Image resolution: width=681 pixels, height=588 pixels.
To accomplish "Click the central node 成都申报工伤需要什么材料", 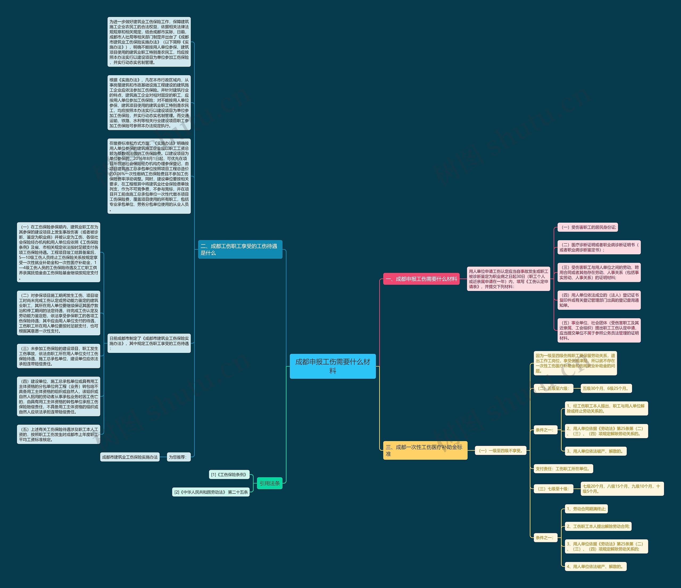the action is tap(332, 366).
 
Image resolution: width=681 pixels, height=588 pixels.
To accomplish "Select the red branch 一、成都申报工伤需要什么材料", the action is tap(421, 279).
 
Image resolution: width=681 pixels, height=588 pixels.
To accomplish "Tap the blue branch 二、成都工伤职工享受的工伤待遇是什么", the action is tap(240, 249).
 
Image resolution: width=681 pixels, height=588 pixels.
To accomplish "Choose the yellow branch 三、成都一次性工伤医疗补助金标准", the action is tap(425, 450).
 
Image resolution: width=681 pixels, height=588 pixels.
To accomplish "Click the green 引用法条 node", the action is tap(269, 483).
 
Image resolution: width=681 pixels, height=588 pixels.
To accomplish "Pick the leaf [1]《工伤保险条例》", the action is tap(229, 474).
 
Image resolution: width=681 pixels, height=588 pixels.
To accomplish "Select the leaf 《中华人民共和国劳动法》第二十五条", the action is tap(211, 492).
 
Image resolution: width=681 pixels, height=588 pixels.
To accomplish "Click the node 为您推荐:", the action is tap(178, 457).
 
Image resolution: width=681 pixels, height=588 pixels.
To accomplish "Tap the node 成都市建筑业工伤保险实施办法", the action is tap(130, 457).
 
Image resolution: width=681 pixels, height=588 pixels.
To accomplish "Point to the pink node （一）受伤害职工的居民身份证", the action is tap(588, 227).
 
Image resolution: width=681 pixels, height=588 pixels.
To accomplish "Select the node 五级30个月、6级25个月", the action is tap(606, 388).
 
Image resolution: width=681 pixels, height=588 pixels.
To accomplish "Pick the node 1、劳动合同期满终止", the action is tap(586, 509).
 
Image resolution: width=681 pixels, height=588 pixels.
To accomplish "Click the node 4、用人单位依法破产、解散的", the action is tap(596, 566).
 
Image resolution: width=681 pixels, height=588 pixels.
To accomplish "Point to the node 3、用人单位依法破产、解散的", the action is tap(596, 451).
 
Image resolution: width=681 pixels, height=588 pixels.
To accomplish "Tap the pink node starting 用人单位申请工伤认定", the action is tap(508, 279).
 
